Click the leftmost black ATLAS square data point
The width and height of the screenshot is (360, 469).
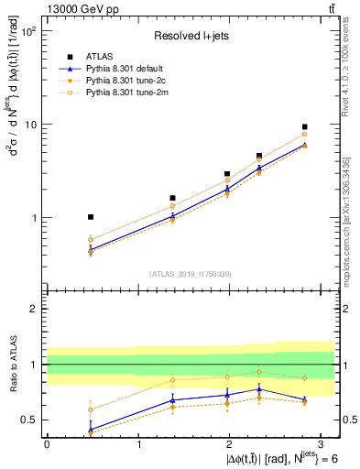click(x=90, y=217)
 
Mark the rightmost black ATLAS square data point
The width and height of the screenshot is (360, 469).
click(x=304, y=127)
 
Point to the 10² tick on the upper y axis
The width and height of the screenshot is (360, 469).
click(x=29, y=31)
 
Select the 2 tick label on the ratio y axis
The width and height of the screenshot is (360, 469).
click(x=35, y=309)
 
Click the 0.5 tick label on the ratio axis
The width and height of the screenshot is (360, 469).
click(x=30, y=420)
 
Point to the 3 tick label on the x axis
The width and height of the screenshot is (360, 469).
click(x=321, y=443)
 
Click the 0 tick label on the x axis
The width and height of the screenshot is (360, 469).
click(x=47, y=443)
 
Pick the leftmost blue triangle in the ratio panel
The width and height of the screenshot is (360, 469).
click(x=90, y=429)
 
